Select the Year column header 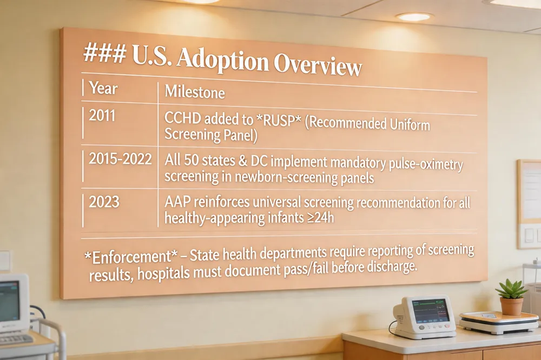[103, 88]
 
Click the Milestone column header [195, 92]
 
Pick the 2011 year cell [102, 116]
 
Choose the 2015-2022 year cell [120, 158]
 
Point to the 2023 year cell [104, 202]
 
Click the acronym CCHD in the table [182, 118]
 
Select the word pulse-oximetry [426, 164]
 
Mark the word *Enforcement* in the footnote [131, 257]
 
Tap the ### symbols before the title [104, 54]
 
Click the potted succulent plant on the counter [512, 297]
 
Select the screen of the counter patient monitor [431, 311]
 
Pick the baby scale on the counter [499, 322]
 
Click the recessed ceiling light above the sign [414, 16]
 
